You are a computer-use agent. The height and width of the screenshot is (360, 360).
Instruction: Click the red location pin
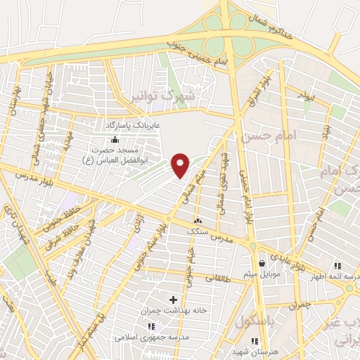pyautogui.click(x=181, y=165)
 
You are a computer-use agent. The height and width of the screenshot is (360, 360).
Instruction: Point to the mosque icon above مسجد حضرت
pyautogui.click(x=115, y=140)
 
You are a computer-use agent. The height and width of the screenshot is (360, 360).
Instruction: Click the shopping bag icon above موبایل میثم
pyautogui.click(x=262, y=264)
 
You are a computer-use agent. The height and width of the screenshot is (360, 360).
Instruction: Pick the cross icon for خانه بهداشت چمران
pyautogui.click(x=174, y=300)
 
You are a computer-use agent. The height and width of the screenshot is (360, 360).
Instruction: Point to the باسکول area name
pyautogui.click(x=251, y=323)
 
